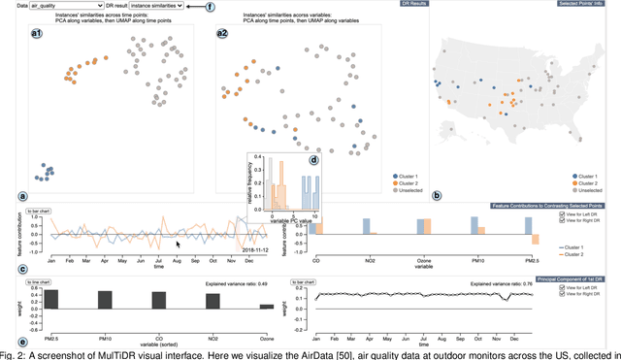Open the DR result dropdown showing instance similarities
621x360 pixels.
point(182,6)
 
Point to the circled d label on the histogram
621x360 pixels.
point(312,160)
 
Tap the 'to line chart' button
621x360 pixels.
point(39,282)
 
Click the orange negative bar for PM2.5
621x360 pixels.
point(534,239)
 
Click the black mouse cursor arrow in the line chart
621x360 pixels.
point(179,245)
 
